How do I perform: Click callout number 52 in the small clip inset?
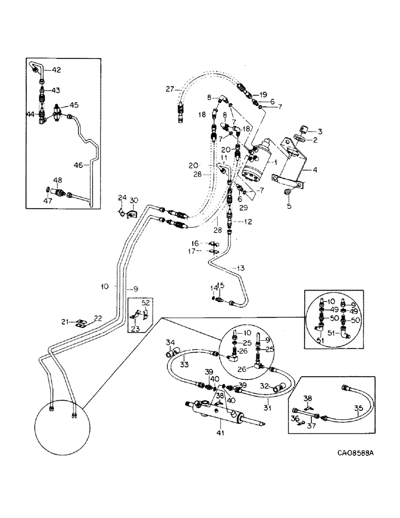[x=146, y=302]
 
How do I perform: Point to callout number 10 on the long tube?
[x=105, y=286]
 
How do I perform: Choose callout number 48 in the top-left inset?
[x=58, y=180]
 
